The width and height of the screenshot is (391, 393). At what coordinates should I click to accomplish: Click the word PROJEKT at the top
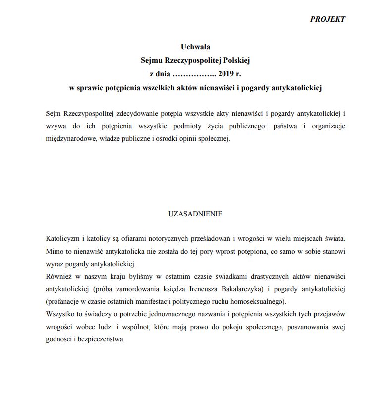tap(328, 19)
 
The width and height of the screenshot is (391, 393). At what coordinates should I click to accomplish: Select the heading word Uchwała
tap(195, 47)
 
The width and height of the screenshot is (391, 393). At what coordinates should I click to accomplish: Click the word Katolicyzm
tap(61, 238)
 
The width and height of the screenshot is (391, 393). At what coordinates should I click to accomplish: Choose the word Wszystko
tap(59, 314)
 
